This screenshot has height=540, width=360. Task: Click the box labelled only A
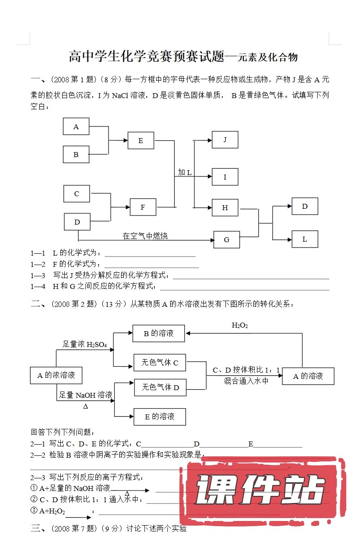pos(76,126)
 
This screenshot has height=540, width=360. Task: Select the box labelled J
pos(225,140)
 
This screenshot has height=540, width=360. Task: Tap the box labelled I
pos(225,177)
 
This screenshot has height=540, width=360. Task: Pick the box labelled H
pos(225,207)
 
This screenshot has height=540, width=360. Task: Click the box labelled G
pos(226,239)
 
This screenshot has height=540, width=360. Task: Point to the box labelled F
pos(143,207)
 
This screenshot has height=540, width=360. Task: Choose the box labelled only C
pos(76,193)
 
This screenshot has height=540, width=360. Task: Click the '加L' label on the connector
pos(184,172)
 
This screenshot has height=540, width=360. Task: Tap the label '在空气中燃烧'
pos(145,235)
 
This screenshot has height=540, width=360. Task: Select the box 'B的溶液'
pos(158,333)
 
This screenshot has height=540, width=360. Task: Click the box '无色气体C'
pos(160,362)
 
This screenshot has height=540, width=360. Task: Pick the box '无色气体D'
pos(160,387)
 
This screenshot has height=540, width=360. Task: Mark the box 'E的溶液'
pos(159,416)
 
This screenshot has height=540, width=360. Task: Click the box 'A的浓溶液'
pos(56,375)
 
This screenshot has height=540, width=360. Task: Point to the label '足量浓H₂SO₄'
pos(84,345)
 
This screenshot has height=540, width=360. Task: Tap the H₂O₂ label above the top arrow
pos(240,325)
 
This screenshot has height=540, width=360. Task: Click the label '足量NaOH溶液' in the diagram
pos(85,395)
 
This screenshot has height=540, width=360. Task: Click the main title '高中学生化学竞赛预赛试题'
pos(147,57)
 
